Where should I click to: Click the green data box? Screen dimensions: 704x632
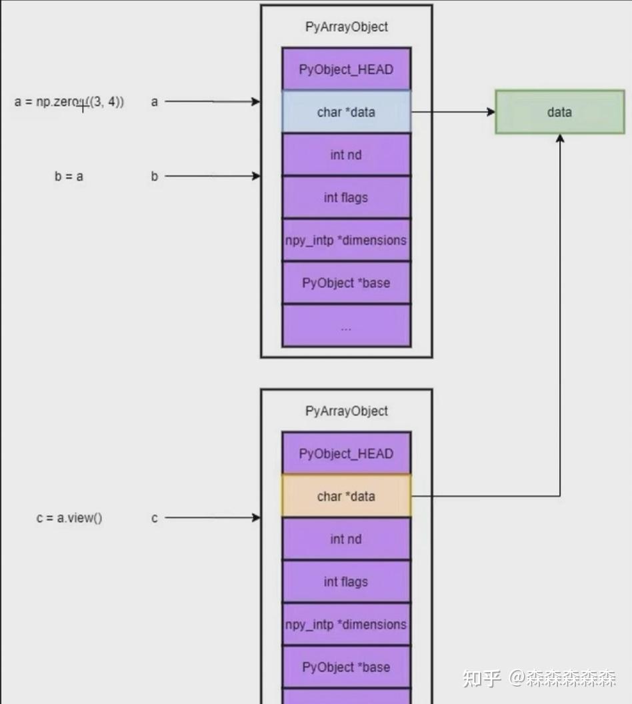559,112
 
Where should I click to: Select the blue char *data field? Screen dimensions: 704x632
346,112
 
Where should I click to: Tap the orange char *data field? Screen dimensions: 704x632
346,496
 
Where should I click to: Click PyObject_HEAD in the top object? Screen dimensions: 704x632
346,69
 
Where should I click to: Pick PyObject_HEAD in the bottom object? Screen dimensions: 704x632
346,453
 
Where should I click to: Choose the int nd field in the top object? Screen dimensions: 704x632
346,155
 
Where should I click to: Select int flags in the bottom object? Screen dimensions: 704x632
346,581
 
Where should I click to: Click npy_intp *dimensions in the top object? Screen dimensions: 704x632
346,240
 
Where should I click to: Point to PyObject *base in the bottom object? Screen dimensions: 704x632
346,667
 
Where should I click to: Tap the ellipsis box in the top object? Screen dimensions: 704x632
346,326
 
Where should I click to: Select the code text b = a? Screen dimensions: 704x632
69,177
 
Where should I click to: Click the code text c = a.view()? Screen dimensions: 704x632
69,518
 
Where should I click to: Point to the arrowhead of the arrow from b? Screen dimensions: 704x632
256,176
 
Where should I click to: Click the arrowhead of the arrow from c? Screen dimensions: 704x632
256,517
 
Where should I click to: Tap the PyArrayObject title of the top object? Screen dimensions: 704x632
346,27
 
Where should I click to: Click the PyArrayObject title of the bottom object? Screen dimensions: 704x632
346,411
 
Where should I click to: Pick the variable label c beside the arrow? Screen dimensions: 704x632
154,518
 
